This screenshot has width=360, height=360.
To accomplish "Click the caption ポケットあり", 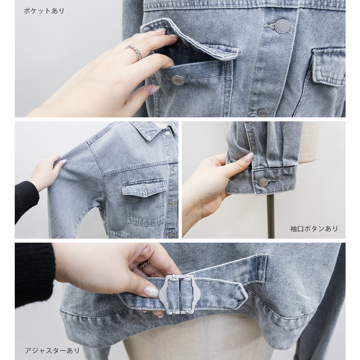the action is pyautogui.click(x=44, y=11).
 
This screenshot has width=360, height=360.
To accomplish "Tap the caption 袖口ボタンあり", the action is pyautogui.click(x=314, y=229).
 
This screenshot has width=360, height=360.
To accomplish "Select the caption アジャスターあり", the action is pyautogui.click(x=52, y=351).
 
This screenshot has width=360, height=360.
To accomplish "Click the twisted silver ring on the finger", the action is pyautogui.click(x=135, y=51).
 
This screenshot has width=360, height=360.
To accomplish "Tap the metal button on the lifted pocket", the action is pyautogui.click(x=178, y=80).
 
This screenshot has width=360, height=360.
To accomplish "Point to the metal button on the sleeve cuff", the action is pyautogui.click(x=264, y=182).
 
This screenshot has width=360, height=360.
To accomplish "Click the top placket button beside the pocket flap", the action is pyautogui.click(x=282, y=26).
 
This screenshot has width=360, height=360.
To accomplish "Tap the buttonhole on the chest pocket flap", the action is pyautogui.click(x=144, y=188).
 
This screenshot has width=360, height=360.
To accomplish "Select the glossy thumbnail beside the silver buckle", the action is pyautogui.click(x=151, y=292).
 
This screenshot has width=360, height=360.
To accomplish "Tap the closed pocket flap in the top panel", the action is pyautogui.click(x=328, y=65).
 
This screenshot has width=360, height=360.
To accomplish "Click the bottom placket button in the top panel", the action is pyautogui.click(x=263, y=112).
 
